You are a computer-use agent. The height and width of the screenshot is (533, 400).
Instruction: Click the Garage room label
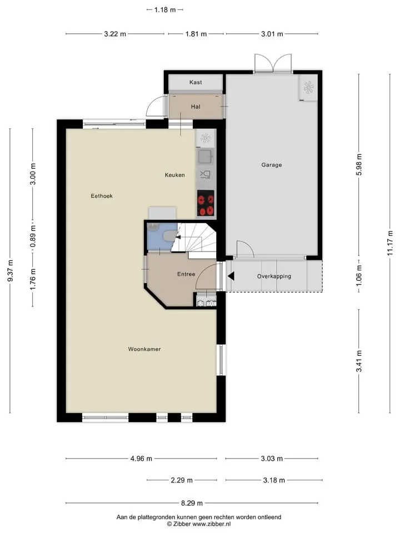click(x=272, y=165)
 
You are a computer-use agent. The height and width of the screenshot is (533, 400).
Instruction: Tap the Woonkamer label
click(x=144, y=349)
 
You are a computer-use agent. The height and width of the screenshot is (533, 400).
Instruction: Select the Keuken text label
click(x=175, y=175)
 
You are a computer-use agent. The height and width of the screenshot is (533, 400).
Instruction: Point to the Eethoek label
click(x=102, y=196)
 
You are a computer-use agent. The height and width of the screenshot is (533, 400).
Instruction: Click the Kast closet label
click(x=196, y=82)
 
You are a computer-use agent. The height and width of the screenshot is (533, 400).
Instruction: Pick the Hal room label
click(x=196, y=107)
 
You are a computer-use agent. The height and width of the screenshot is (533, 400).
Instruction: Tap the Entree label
click(x=186, y=274)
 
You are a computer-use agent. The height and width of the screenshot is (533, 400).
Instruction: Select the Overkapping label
click(x=274, y=276)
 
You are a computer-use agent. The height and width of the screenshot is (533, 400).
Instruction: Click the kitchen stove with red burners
click(x=206, y=203)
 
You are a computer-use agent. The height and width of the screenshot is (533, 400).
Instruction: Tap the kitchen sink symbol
click(x=206, y=157)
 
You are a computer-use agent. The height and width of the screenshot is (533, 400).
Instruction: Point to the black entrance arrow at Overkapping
click(x=231, y=276)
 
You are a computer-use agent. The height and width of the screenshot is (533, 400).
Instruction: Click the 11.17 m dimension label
click(x=390, y=243)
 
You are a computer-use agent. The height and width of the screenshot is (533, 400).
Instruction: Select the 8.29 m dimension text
click(x=192, y=503)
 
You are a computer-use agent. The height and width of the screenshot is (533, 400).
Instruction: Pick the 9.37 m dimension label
click(x=10, y=270)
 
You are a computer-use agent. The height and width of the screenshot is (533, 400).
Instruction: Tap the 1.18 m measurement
click(x=165, y=10)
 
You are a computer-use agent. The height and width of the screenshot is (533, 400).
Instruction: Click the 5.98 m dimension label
click(x=359, y=164)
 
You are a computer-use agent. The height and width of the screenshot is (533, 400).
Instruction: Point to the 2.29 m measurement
click(x=182, y=480)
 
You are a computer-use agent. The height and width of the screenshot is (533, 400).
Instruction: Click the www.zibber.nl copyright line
click(x=199, y=524)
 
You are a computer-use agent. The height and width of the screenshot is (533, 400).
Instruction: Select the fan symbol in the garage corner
click(x=308, y=87)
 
